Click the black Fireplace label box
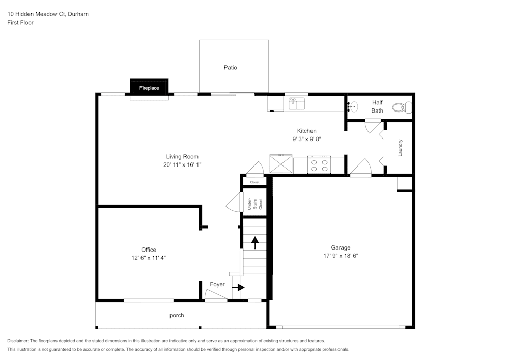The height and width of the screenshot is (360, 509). click(x=149, y=88)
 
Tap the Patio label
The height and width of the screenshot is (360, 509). click(x=230, y=68)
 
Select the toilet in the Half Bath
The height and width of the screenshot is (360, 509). click(x=402, y=107)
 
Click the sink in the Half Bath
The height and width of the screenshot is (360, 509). click(x=353, y=107)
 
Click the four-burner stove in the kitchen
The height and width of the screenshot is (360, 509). click(x=319, y=165)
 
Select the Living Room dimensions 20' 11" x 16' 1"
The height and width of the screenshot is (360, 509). click(x=182, y=165)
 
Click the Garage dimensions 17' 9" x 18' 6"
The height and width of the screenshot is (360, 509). click(x=341, y=256)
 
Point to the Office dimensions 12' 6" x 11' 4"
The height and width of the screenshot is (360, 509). click(x=149, y=258)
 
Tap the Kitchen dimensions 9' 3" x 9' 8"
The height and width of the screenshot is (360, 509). click(x=306, y=139)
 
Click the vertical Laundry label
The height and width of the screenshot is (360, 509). click(x=401, y=148)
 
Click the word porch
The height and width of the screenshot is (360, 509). click(x=177, y=315)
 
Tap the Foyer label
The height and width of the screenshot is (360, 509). click(x=217, y=284)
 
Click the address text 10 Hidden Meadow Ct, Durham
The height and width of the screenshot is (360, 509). click(x=48, y=14)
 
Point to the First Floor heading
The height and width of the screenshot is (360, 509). click(x=20, y=23)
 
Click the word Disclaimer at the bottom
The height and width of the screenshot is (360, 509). click(x=18, y=341)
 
